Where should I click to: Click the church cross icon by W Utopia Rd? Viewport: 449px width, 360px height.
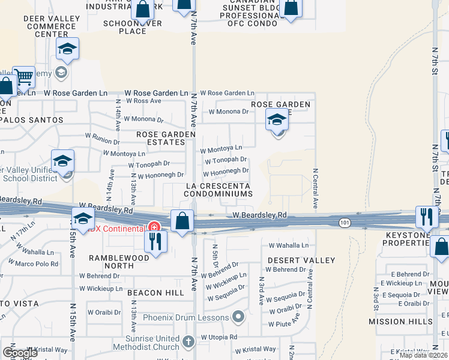(188, 342)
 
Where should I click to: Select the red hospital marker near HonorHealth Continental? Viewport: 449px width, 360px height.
(154, 227)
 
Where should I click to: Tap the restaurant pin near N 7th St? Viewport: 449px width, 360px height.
(426, 217)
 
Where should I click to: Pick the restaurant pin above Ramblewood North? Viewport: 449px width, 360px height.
(155, 241)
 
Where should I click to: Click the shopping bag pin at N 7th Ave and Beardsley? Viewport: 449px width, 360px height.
(182, 221)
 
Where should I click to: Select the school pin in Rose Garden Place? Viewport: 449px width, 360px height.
(277, 120)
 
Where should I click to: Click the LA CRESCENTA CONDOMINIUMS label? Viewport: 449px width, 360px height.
(218, 190)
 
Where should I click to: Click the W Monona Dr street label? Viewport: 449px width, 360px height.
(228, 112)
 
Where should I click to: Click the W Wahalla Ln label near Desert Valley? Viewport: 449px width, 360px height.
(288, 245)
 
